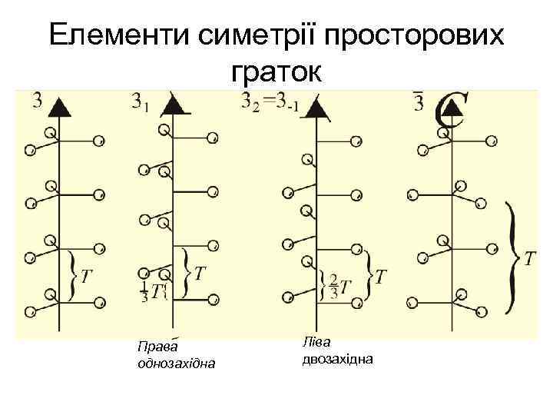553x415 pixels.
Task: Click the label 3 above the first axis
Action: coord(37,101)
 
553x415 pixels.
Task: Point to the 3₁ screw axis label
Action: coord(140,101)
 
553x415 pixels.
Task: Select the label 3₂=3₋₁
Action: coord(270,101)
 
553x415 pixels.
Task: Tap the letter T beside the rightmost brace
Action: coord(531,258)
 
